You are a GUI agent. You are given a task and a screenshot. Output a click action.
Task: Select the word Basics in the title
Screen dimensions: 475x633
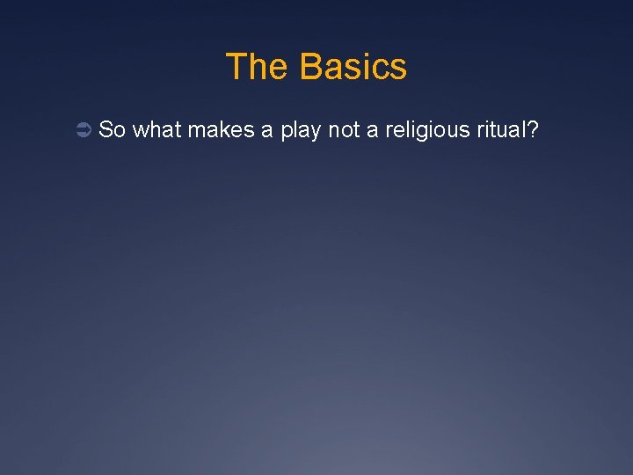pyautogui.click(x=353, y=67)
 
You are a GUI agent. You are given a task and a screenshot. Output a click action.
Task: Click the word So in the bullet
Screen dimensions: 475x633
pyautogui.click(x=113, y=130)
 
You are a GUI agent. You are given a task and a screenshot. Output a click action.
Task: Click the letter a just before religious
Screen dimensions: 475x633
pyautogui.click(x=377, y=131)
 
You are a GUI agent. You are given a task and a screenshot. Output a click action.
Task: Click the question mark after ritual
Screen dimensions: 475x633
pyautogui.click(x=534, y=130)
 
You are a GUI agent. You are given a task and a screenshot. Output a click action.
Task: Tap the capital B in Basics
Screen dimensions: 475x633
pyautogui.click(x=309, y=67)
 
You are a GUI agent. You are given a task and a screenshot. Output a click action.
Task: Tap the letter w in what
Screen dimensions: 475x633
pyautogui.click(x=141, y=131)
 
